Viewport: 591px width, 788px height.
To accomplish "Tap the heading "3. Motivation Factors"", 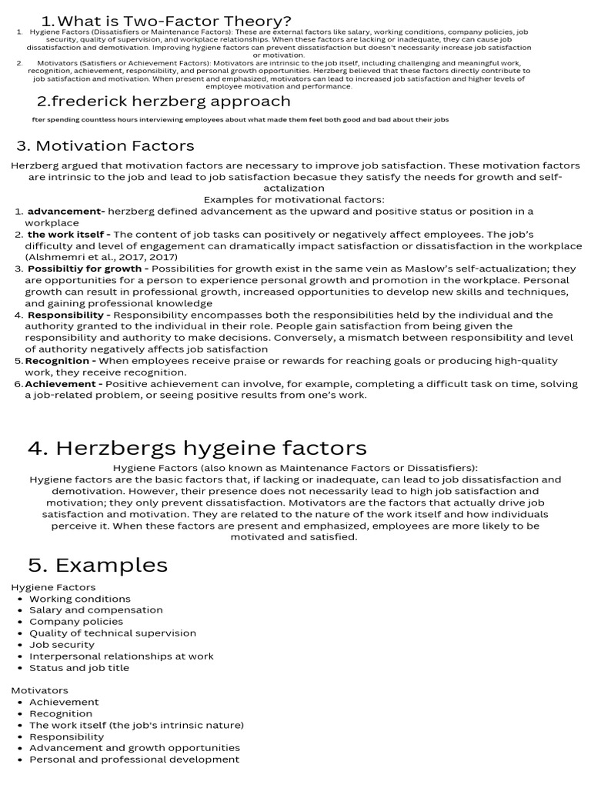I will click(x=105, y=145).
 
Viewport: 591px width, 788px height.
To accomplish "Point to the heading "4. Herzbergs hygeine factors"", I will click(x=197, y=448).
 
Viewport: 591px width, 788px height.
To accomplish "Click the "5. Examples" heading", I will click(x=98, y=565).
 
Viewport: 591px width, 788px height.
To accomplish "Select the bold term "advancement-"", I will click(x=66, y=211).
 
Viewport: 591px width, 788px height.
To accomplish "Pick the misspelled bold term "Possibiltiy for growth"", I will click(x=88, y=269).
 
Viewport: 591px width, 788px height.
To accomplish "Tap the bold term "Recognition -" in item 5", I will click(x=61, y=361).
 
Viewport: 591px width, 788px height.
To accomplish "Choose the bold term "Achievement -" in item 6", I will click(x=64, y=384).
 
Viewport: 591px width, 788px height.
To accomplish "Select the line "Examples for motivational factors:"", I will click(x=294, y=199).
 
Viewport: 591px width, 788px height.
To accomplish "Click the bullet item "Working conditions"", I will click(x=80, y=599).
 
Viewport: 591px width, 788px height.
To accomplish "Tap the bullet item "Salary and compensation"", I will click(x=96, y=610).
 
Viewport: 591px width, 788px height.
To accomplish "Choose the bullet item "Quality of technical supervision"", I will click(x=112, y=633).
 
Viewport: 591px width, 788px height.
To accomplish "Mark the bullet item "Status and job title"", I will click(x=79, y=668).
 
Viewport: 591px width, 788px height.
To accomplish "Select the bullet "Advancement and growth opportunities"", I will click(x=135, y=748).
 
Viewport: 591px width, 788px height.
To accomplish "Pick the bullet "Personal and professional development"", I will click(x=134, y=760).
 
